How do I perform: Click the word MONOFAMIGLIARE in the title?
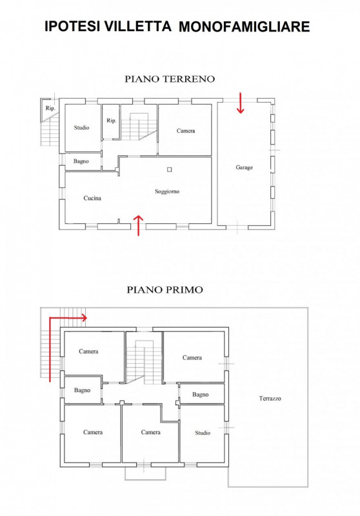point(244,26)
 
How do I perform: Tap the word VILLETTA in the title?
point(138,26)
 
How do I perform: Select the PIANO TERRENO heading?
point(170,79)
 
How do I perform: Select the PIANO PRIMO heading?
point(165,290)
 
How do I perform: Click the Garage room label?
point(244,168)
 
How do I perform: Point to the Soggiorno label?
point(167,192)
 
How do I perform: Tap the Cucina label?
point(92,198)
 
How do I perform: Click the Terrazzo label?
point(270,399)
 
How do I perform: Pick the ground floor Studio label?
point(81,128)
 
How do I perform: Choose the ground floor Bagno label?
point(81,161)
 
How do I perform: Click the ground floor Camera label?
point(186,131)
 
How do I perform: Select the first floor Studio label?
point(203,433)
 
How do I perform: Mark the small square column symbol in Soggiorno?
point(170,170)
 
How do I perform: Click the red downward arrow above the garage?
point(241,103)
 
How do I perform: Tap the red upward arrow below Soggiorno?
point(139,225)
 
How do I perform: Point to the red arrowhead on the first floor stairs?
point(85,318)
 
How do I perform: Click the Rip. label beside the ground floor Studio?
point(111,121)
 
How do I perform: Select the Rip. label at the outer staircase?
point(50,108)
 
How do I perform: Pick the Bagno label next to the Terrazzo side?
point(201,394)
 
